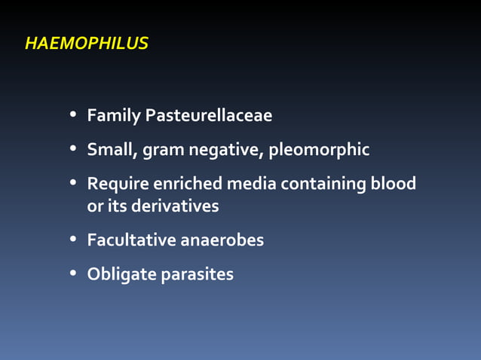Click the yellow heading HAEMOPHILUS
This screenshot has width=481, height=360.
(87, 44)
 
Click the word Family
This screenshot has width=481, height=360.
(114, 116)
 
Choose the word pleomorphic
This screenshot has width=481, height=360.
(319, 151)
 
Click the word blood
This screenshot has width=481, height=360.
(394, 184)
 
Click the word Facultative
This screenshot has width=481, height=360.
(131, 240)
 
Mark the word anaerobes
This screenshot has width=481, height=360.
(222, 240)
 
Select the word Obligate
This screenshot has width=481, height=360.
(121, 275)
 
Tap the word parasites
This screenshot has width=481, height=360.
(198, 275)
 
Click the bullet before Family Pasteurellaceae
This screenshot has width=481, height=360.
(73, 116)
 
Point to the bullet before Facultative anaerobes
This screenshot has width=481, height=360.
(73, 240)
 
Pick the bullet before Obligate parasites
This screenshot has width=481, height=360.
(73, 274)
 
